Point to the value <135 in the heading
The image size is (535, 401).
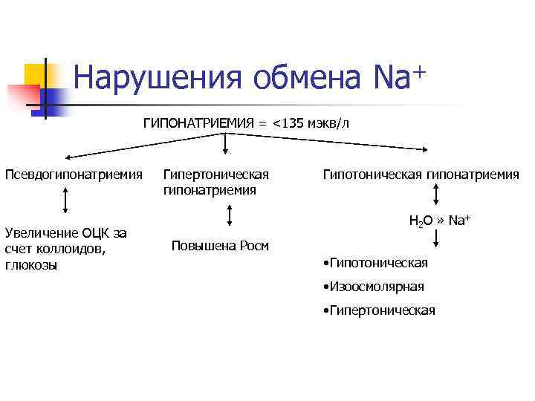[x=286, y=123]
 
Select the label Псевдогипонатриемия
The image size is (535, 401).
[x=74, y=175]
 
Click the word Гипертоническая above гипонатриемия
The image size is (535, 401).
[x=215, y=175]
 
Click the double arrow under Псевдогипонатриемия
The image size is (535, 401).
[x=68, y=200]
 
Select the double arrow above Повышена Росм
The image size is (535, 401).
[x=230, y=215]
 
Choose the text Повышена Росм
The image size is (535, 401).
[x=220, y=246]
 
